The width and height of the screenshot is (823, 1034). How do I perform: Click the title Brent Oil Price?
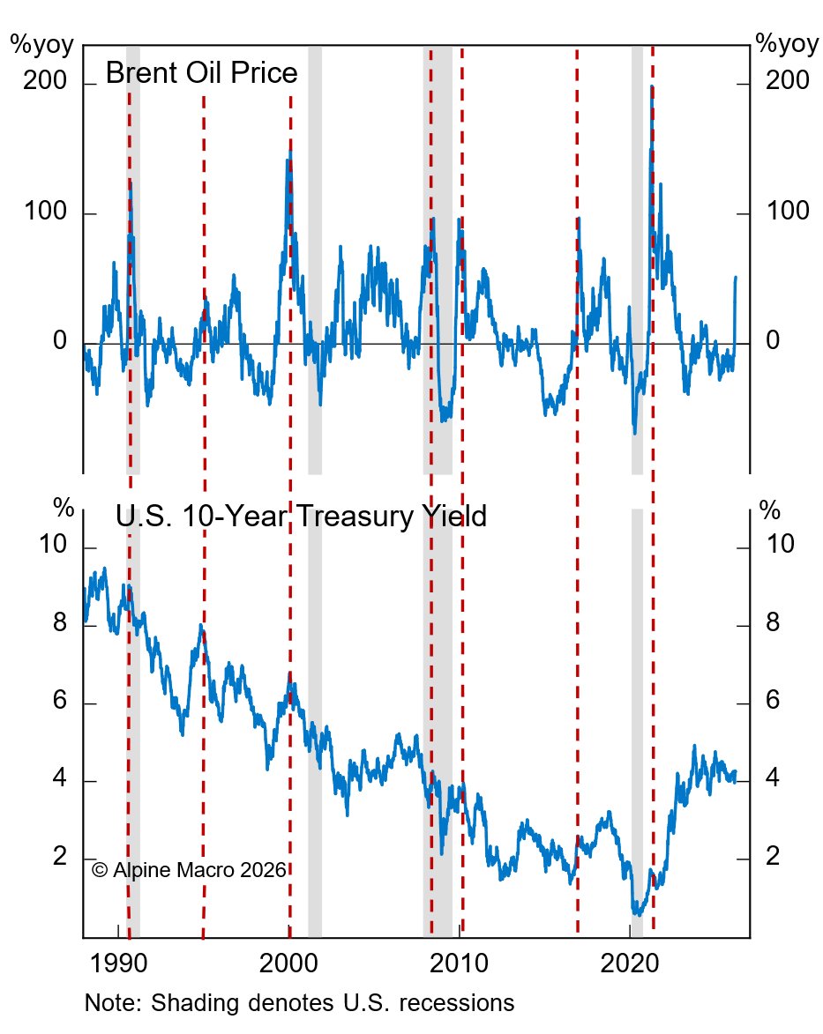point(201,73)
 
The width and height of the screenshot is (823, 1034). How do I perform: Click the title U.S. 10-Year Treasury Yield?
point(301,515)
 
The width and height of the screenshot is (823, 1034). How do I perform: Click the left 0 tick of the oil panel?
point(60,341)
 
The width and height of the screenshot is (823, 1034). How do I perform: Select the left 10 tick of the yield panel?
point(51,546)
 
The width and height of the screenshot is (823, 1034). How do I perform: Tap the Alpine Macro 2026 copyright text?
point(189,870)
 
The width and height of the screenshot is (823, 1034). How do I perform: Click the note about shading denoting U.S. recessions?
point(299,1003)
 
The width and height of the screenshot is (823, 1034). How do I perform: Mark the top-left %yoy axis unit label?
point(41,44)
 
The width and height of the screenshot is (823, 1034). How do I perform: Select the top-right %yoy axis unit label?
point(787,44)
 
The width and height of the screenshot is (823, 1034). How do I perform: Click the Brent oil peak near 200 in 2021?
point(651,86)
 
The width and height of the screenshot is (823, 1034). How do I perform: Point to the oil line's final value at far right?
point(736,278)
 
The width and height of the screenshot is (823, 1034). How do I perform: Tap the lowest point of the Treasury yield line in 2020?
point(635,914)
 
